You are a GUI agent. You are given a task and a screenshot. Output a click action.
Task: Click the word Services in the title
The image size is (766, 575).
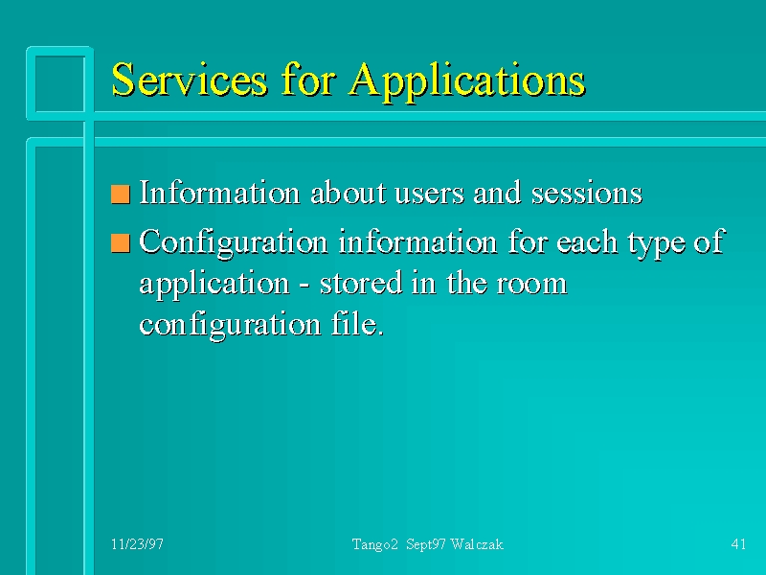tap(190, 79)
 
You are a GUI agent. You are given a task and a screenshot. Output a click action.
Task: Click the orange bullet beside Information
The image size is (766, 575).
tap(121, 195)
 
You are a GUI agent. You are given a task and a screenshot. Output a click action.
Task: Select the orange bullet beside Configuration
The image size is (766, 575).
tap(121, 243)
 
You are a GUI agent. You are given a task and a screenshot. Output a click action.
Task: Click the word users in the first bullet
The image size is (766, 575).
tap(429, 194)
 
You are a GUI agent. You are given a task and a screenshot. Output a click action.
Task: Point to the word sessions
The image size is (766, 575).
tap(587, 194)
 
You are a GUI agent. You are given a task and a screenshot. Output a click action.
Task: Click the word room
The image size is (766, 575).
tap(531, 285)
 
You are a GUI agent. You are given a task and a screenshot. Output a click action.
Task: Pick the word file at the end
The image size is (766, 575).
tap(357, 323)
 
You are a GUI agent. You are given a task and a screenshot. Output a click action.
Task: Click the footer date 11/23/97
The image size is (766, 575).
tap(137, 544)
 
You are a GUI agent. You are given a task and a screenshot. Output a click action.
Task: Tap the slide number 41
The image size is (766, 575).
tap(738, 544)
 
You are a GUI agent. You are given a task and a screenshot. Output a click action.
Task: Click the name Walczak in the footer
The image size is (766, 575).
tap(477, 544)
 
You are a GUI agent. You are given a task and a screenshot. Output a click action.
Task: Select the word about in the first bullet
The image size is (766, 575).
tap(349, 193)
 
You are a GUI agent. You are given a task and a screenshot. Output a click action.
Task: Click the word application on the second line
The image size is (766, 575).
tap(214, 285)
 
